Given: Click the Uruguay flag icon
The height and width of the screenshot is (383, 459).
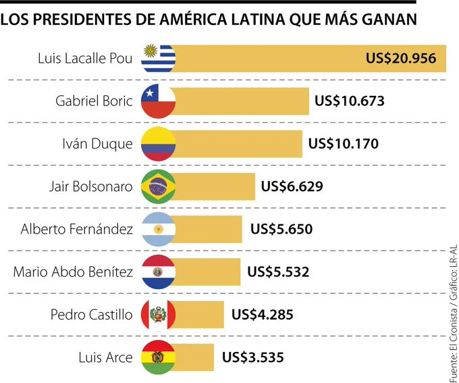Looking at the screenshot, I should [158, 59].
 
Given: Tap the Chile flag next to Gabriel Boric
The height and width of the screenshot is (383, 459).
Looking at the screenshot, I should [158, 101].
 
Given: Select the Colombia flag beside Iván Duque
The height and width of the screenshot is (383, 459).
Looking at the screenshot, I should [158, 144].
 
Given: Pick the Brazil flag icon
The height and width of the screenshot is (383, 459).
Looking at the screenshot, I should [158, 186].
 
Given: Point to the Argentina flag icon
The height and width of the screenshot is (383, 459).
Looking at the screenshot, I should [158, 230].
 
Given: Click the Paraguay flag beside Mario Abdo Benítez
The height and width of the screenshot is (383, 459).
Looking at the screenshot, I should [158, 272].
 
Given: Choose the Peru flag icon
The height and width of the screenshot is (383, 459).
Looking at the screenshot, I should [158, 315].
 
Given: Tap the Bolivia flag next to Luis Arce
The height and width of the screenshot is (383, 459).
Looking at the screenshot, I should [158, 357].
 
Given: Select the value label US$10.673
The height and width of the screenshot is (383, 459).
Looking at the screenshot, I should [350, 101].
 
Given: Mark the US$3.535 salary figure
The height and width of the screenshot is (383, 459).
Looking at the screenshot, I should [250, 357].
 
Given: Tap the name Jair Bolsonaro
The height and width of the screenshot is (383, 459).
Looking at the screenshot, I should [91, 186].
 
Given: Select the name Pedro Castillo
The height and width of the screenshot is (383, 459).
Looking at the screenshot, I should [92, 315].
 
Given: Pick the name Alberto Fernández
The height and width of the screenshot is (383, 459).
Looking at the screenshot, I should [76, 230].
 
